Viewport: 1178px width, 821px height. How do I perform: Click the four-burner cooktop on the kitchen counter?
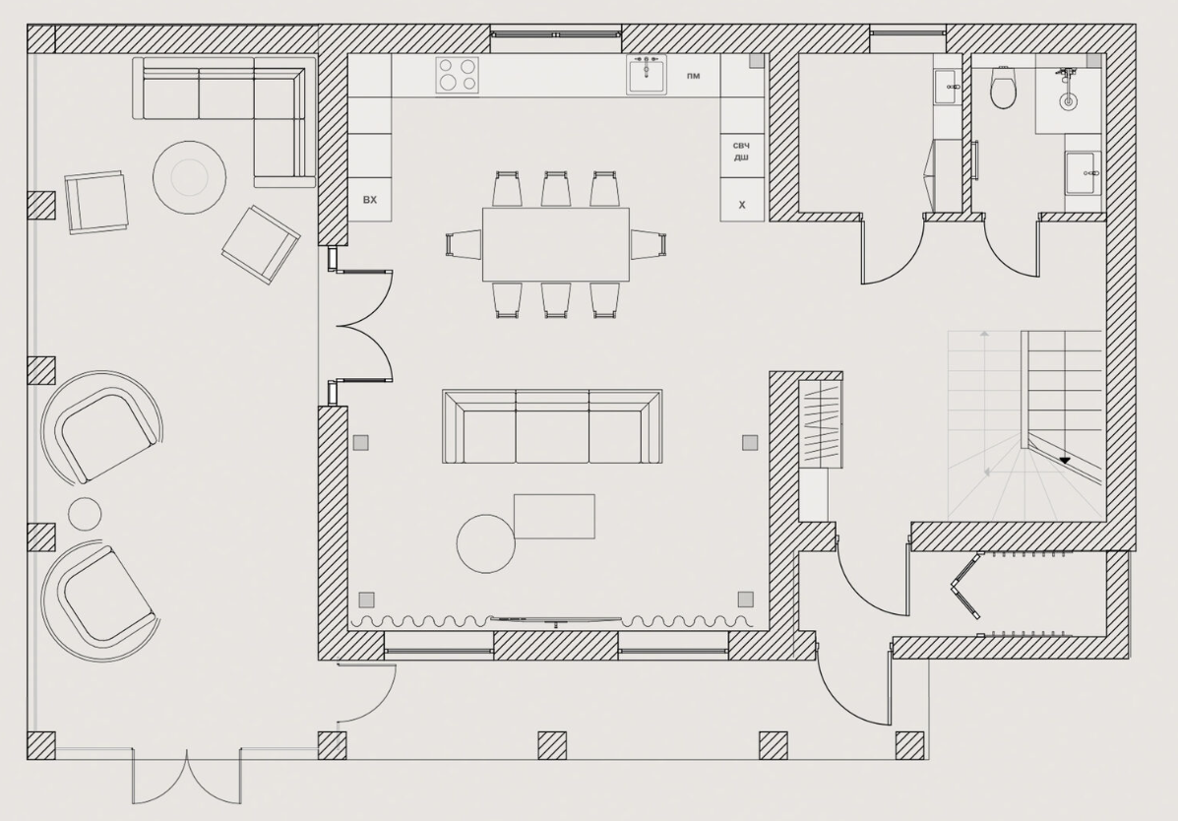click(458, 75)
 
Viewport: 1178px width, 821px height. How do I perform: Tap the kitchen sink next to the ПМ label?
click(647, 74)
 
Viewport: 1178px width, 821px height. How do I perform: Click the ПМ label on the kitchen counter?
click(694, 76)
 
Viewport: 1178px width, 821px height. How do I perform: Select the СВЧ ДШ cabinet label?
click(741, 152)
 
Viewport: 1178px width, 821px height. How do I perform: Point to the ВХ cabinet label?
click(370, 200)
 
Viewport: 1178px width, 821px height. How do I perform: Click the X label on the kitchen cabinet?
click(742, 205)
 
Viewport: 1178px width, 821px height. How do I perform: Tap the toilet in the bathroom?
click(1003, 88)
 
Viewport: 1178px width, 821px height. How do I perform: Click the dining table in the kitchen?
click(556, 244)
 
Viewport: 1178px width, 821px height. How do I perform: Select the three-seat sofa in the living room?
click(552, 426)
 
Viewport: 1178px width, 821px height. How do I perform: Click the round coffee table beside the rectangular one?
click(486, 543)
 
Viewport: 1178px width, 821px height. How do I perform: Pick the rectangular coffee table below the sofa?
click(554, 517)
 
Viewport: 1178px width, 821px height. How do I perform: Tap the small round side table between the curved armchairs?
click(85, 514)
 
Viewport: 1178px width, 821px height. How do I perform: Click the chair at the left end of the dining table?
click(464, 245)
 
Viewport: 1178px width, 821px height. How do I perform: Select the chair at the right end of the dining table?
click(649, 244)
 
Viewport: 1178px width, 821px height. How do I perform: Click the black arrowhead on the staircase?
click(1064, 460)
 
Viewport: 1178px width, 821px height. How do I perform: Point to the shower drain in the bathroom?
click(1066, 100)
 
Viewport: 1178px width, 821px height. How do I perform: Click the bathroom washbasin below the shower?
click(1083, 172)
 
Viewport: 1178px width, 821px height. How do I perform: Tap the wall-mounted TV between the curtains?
click(556, 620)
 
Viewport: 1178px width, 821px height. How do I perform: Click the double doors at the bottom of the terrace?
click(187, 777)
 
